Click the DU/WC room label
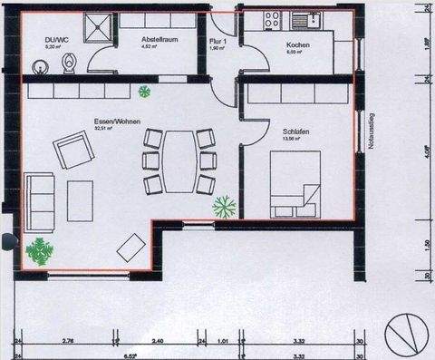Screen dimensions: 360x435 (x=56, y=40)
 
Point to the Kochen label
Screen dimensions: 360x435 (x=298, y=45)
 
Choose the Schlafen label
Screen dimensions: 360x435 (x=295, y=132)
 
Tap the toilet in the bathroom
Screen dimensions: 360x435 (x=70, y=63)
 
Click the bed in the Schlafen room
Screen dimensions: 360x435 (x=295, y=183)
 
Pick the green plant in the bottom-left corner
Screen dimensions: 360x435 (x=39, y=248)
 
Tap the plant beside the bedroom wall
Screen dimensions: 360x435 (x=224, y=208)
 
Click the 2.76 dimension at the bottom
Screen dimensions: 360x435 (x=67, y=342)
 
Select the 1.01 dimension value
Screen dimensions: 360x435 (x=225, y=342)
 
